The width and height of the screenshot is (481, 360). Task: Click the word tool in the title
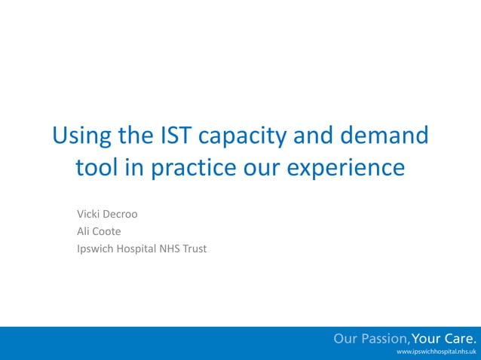tap(99, 167)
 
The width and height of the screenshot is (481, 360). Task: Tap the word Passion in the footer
tap(383, 338)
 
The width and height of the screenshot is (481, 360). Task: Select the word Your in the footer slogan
tap(427, 338)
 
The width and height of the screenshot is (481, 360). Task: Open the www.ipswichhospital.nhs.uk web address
tap(436, 352)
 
